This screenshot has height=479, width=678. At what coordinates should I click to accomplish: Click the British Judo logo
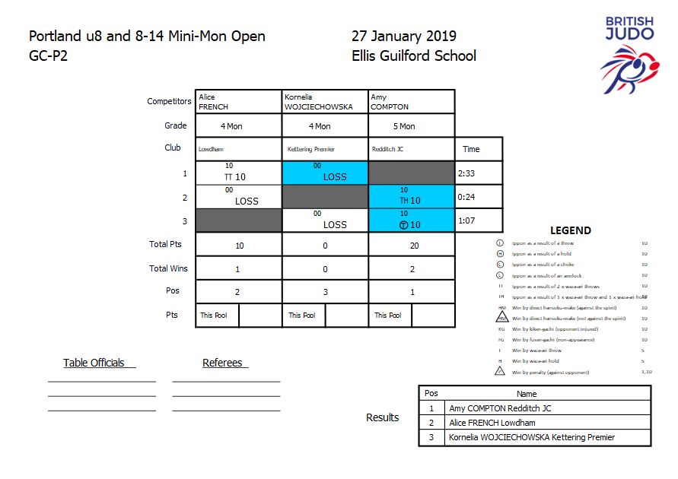[x=629, y=57]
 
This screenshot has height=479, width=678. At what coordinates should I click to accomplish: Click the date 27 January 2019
[x=403, y=36]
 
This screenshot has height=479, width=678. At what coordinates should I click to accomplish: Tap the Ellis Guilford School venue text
[x=413, y=56]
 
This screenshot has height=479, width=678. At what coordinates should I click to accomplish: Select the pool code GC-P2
[x=49, y=56]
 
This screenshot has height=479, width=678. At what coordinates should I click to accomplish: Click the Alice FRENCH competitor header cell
[x=239, y=102]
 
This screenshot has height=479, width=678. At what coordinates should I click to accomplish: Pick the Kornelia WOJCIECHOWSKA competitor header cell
[x=325, y=102]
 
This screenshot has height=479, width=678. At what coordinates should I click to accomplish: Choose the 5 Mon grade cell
[x=411, y=126]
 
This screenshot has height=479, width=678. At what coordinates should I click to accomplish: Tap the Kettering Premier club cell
[x=325, y=150]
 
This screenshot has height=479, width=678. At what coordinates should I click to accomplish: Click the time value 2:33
[x=466, y=173]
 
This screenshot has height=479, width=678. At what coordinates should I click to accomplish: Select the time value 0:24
[x=466, y=198]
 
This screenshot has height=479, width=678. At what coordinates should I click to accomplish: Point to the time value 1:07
[x=466, y=220]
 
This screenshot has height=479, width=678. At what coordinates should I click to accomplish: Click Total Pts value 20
[x=411, y=246]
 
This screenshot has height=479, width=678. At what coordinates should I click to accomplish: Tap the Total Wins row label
[x=168, y=268]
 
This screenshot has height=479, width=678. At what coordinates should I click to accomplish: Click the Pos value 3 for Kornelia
[x=325, y=292]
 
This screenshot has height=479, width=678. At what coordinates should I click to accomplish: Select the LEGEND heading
[x=570, y=230]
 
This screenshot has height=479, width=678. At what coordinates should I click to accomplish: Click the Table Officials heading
[x=94, y=363]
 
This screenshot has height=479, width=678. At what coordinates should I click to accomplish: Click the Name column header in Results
[x=527, y=394]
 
